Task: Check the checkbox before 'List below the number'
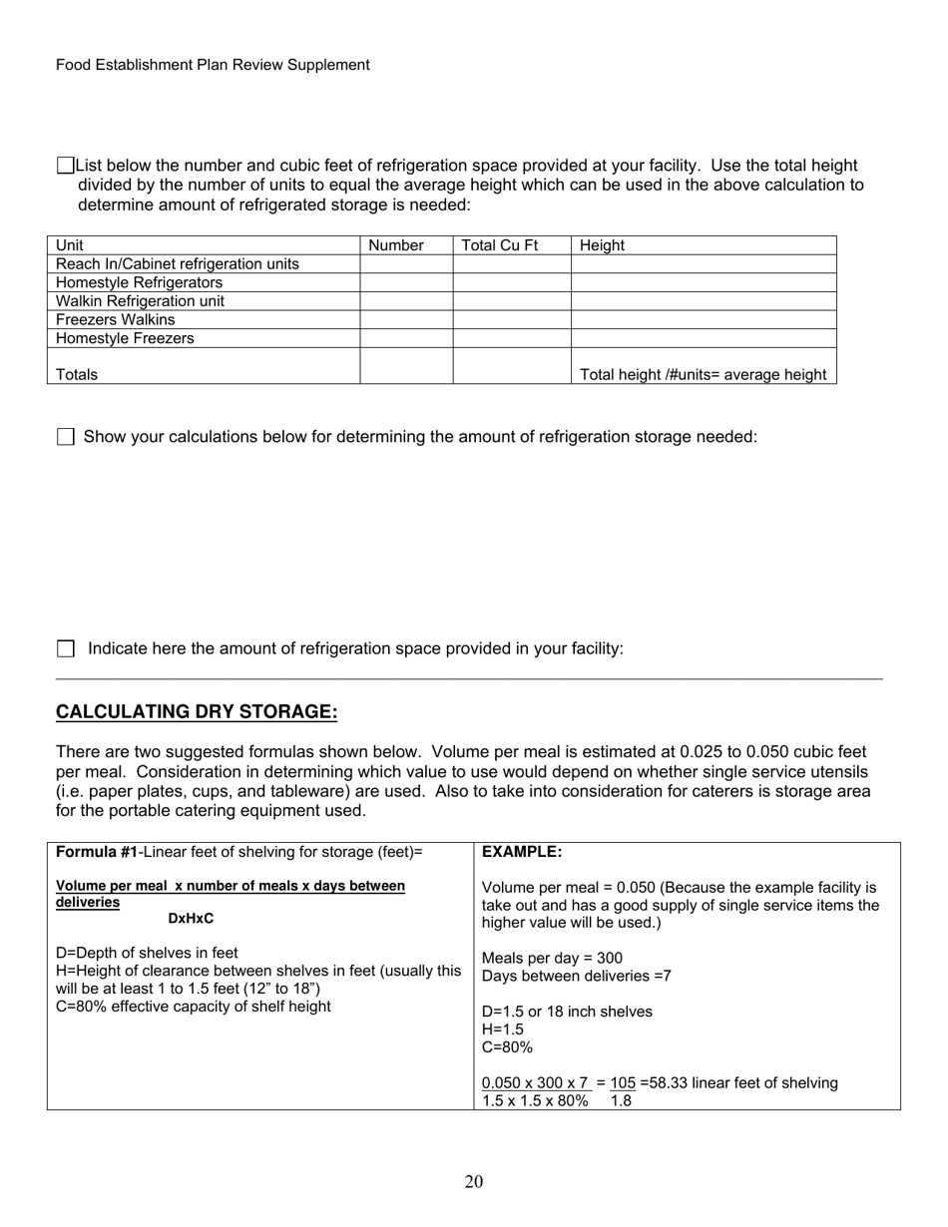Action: point(66,165)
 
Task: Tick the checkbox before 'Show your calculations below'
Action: point(66,437)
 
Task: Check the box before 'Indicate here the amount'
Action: point(66,648)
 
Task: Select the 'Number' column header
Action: point(396,245)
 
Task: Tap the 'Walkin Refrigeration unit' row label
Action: point(140,301)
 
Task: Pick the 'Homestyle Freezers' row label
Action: point(125,338)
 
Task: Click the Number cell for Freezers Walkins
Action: point(406,320)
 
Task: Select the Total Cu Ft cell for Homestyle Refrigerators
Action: point(511,282)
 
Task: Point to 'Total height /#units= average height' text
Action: point(703,374)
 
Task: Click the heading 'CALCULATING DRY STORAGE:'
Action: point(197,711)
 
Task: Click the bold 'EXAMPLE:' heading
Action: point(522,852)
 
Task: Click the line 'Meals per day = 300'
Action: point(552,958)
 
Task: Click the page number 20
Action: point(474,1182)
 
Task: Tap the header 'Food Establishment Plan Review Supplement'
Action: point(213,65)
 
